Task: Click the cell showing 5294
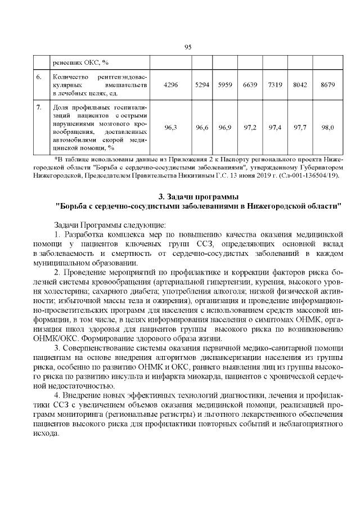(x=202, y=84)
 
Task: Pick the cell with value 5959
(x=226, y=84)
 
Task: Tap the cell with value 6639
(x=250, y=84)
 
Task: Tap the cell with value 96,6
(x=202, y=128)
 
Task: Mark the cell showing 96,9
(x=226, y=128)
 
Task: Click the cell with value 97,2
(x=250, y=128)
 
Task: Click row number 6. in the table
(x=39, y=76)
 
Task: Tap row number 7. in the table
(x=39, y=107)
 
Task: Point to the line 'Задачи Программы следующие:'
(x=106, y=224)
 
